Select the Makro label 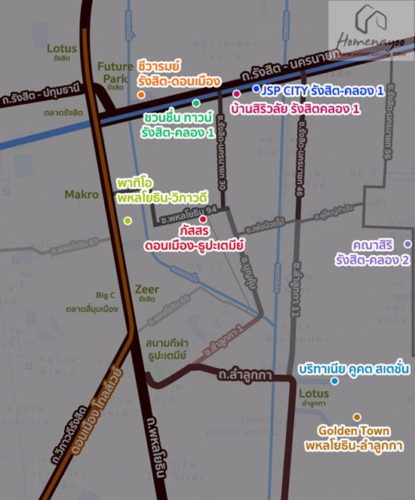pyautogui.click(x=81, y=195)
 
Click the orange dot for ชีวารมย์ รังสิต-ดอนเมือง pyautogui.click(x=141, y=95)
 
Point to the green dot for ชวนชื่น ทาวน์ pyautogui.click(x=195, y=103)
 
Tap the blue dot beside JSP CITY pyautogui.click(x=257, y=89)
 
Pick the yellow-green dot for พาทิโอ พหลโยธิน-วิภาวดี pyautogui.click(x=128, y=220)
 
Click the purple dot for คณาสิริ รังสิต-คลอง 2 pyautogui.click(x=407, y=244)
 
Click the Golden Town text pyautogui.click(x=354, y=431)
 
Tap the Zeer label pyautogui.click(x=146, y=289)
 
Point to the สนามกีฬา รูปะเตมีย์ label pyautogui.click(x=172, y=348)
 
